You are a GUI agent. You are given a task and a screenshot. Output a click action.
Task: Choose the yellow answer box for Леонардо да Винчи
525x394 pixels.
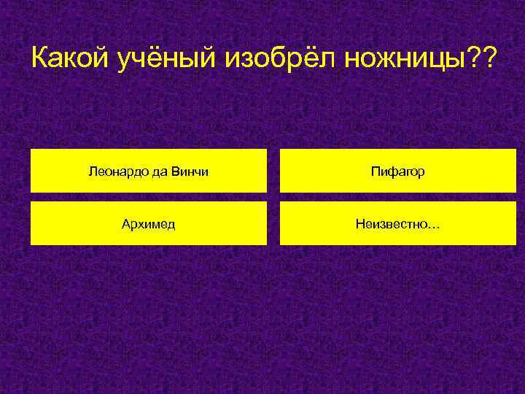148,171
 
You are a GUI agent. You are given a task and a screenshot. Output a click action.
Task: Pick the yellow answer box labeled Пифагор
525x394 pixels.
397,171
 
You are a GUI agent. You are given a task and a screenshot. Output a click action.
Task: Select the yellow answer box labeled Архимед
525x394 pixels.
148,223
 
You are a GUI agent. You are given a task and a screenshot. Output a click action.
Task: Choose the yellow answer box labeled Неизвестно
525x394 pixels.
397,223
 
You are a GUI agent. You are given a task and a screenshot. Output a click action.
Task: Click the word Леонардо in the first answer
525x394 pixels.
114,172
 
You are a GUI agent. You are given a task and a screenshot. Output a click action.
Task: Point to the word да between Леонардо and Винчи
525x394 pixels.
163,172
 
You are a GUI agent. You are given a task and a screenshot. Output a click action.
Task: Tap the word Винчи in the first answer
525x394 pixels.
192,172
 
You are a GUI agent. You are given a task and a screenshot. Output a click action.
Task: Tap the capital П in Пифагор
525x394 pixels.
375,172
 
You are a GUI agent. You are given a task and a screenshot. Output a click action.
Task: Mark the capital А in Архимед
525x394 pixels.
125,224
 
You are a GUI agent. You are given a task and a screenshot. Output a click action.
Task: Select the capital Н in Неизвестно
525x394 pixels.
360,224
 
